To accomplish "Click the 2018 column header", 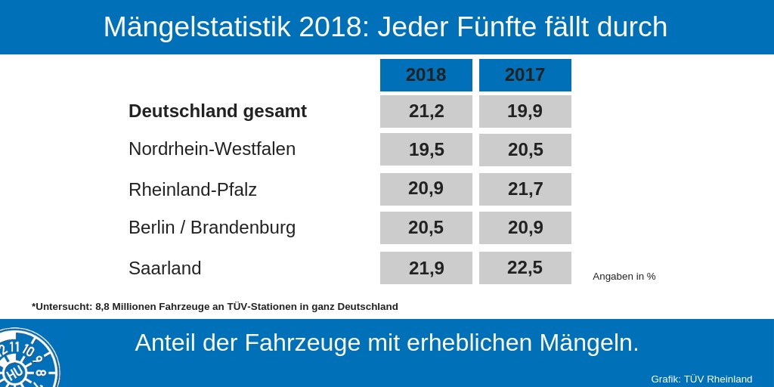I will coord(426,75).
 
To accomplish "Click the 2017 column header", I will coord(525,75).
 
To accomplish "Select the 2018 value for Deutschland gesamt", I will coord(426,111).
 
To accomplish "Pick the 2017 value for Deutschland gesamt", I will coord(525,111).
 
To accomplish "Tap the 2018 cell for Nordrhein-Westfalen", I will coord(426,149).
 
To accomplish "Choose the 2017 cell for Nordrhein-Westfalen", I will coord(525,150).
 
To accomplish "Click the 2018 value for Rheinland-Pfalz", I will coord(426,188).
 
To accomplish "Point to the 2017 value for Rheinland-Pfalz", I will coord(525,189).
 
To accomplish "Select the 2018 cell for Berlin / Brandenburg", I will coord(426,228).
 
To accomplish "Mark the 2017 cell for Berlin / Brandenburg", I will coord(525,228).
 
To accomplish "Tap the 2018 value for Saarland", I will coord(426,268).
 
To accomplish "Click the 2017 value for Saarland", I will coord(525,268).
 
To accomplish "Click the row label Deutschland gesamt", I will coord(218,111).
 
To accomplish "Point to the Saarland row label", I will coord(165,268).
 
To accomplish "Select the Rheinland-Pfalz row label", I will coord(193,190).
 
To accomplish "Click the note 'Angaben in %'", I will coord(624,277).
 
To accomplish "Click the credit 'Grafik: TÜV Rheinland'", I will coord(701,379).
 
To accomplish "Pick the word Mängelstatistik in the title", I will coord(197,27).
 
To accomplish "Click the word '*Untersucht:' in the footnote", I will coord(62,307).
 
